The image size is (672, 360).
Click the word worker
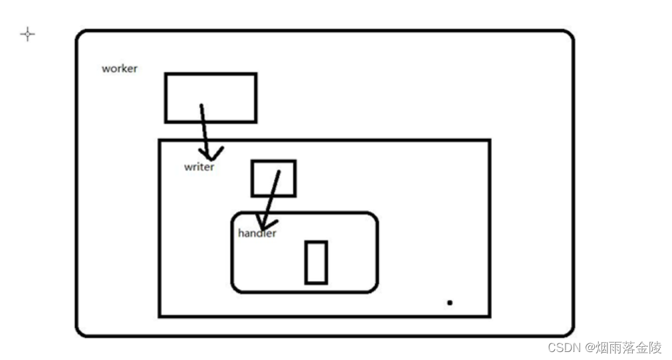120,68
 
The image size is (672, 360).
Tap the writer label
199,167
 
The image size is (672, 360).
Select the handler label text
257,233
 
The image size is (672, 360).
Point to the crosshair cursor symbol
27,35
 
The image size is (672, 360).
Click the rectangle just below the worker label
210,98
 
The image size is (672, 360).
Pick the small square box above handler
273,178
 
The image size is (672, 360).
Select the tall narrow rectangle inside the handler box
316,262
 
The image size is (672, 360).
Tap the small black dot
450,303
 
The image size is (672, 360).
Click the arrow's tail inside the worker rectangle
201,106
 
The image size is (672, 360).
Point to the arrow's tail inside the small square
278,172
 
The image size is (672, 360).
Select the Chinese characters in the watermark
628,347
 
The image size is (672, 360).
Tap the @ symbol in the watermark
589,348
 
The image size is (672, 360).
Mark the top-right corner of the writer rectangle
489,141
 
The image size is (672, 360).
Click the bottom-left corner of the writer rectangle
160,315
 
